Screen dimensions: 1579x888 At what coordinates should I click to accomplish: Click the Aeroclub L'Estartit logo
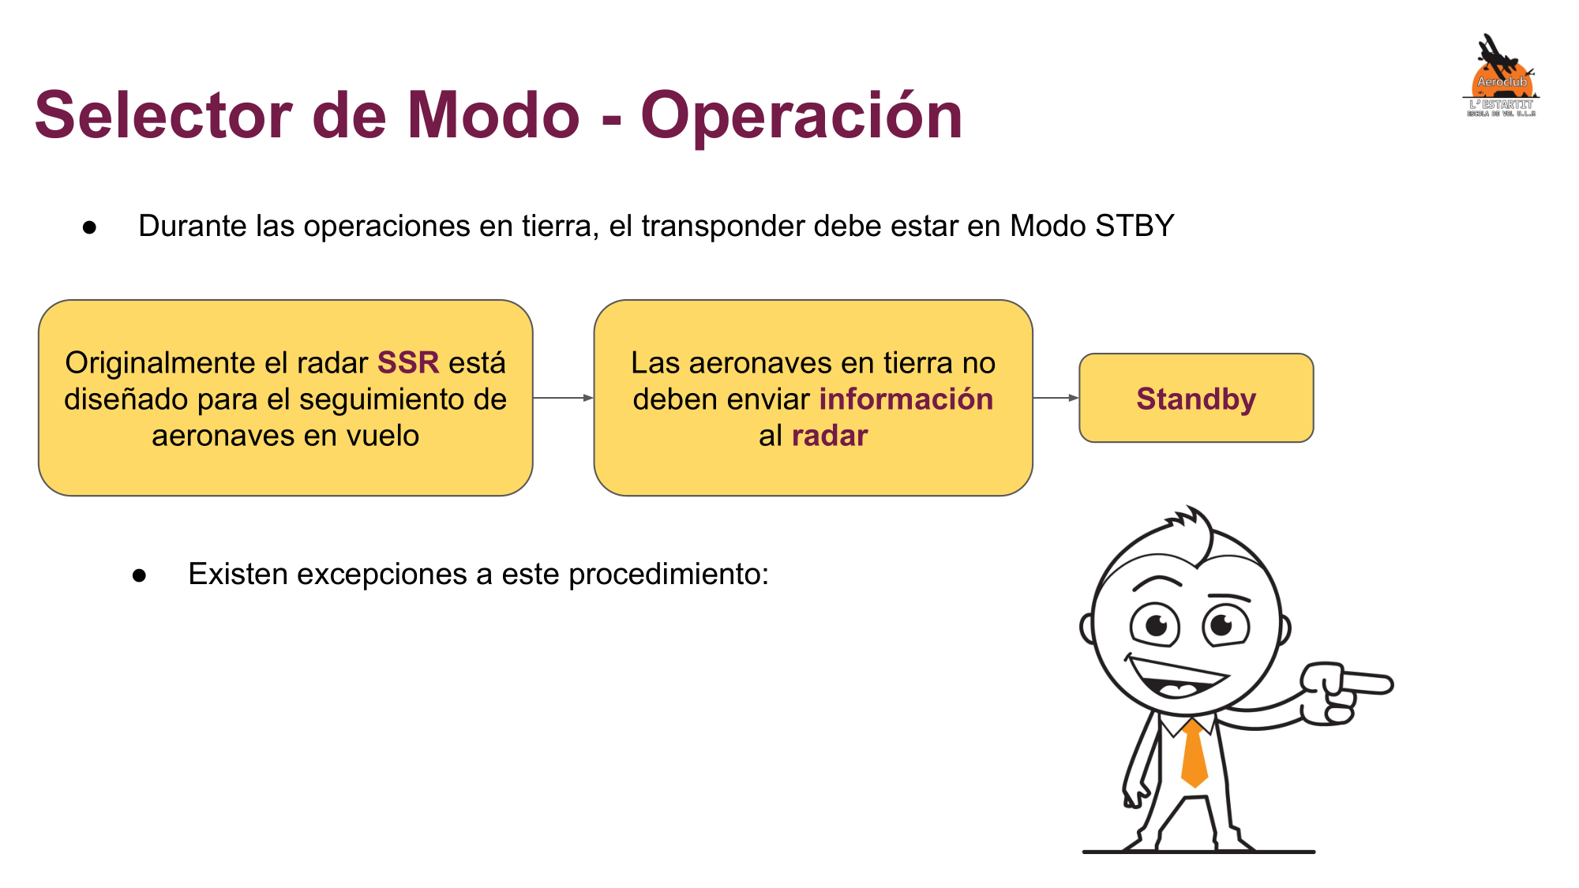tap(1501, 76)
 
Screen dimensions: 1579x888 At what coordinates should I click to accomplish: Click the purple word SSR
tap(407, 362)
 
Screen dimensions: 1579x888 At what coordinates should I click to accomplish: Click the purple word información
tap(906, 399)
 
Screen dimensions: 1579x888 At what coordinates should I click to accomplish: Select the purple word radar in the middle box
tap(830, 436)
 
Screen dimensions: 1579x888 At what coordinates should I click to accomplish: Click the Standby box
tap(1196, 398)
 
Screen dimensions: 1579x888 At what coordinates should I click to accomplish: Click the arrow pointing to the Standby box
tap(1056, 398)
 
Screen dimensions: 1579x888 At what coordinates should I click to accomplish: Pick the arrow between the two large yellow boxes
tap(564, 398)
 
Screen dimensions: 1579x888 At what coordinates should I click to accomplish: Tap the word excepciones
tap(382, 575)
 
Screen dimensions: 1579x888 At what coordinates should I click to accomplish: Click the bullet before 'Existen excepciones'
tap(140, 576)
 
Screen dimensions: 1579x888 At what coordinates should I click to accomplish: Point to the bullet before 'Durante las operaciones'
tap(90, 228)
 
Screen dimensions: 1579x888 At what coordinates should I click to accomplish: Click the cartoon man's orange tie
tap(1194, 753)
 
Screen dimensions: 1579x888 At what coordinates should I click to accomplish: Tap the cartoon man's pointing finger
tap(1366, 682)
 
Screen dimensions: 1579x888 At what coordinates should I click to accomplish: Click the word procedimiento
tap(668, 575)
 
